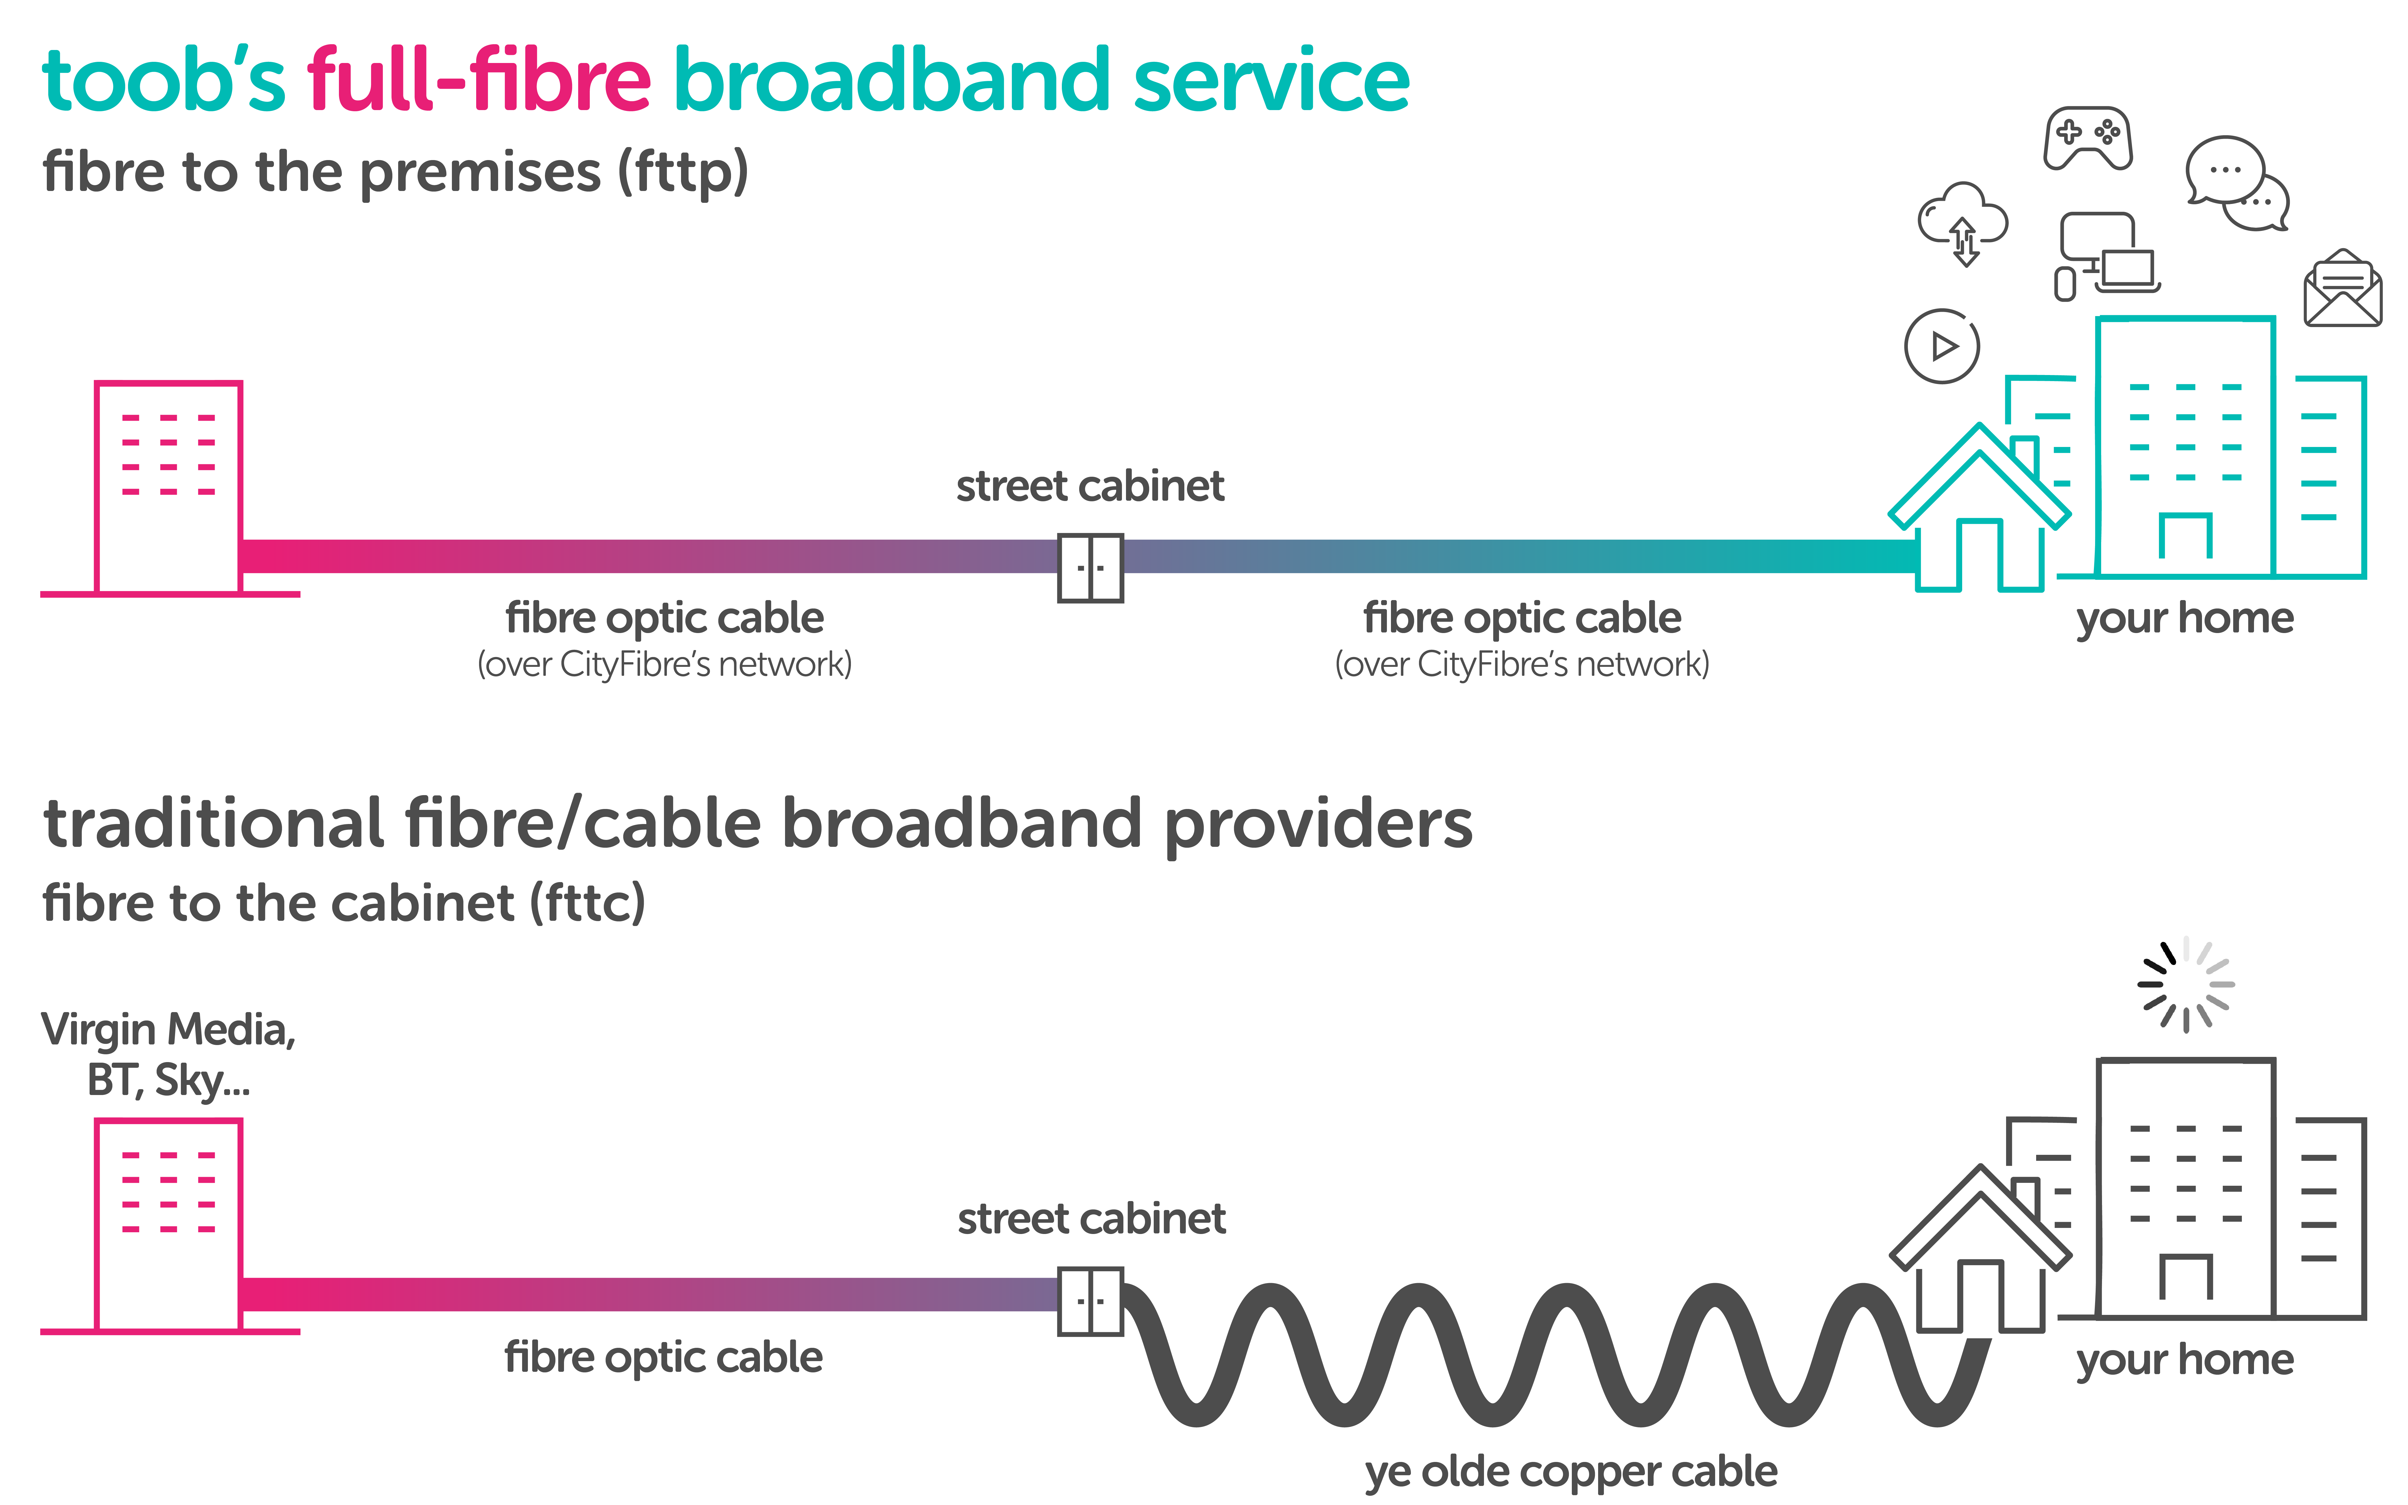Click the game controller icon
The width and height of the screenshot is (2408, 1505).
tap(2088, 138)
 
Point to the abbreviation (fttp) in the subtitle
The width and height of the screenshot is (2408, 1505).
tap(683, 172)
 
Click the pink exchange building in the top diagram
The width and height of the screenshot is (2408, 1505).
tap(168, 488)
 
